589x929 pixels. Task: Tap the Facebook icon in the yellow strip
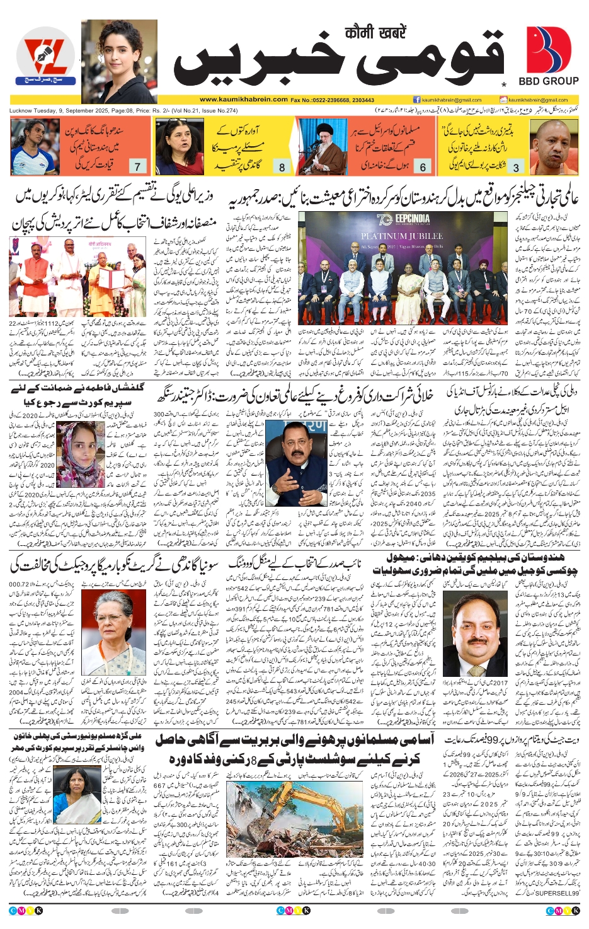tap(416, 100)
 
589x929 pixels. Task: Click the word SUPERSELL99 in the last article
tap(558, 893)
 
